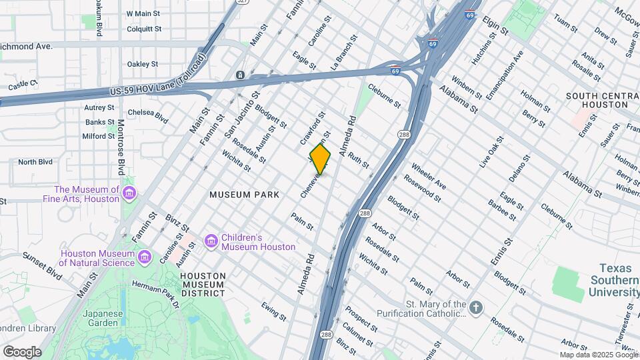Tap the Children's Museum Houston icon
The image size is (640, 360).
tap(211, 240)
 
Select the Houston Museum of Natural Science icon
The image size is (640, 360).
tap(145, 256)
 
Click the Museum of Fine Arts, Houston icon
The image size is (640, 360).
tap(129, 193)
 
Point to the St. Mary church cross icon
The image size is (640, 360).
tap(475, 307)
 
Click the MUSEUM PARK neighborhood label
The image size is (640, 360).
tap(239, 195)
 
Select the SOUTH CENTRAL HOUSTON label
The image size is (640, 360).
tap(597, 100)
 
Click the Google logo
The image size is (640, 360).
tap(22, 351)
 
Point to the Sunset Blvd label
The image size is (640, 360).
tap(43, 264)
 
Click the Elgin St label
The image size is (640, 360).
tap(495, 27)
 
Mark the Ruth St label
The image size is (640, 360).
tap(359, 160)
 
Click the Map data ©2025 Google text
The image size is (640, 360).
tap(598, 355)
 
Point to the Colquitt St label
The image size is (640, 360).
tap(144, 29)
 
